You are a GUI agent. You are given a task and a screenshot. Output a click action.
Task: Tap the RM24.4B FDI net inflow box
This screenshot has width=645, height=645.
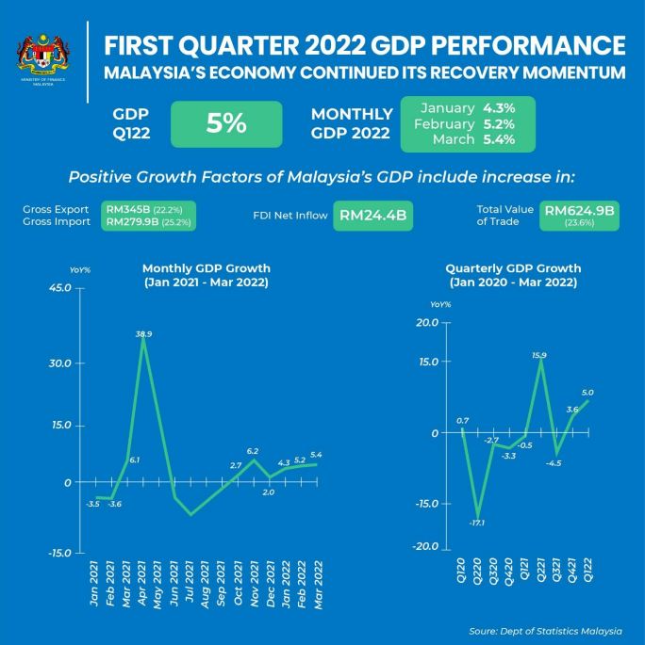pyautogui.click(x=372, y=216)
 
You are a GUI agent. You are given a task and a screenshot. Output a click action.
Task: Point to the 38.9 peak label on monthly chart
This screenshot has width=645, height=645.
pyautogui.click(x=144, y=334)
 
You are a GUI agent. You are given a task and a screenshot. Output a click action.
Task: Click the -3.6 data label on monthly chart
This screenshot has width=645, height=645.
pyautogui.click(x=115, y=505)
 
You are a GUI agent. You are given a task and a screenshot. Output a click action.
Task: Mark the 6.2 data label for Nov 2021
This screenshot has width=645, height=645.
pyautogui.click(x=253, y=452)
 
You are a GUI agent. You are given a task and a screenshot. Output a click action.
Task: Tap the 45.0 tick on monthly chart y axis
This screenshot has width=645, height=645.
pyautogui.click(x=60, y=287)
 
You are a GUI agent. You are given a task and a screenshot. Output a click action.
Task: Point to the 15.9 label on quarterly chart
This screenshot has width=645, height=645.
pyautogui.click(x=539, y=355)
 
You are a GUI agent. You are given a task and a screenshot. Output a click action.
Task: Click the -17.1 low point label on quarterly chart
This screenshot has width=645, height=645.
pyautogui.click(x=478, y=523)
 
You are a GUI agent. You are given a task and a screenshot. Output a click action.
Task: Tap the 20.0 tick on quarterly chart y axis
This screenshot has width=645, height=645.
pyautogui.click(x=426, y=322)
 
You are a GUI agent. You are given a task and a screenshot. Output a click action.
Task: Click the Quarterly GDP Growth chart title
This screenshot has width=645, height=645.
pyautogui.click(x=513, y=275)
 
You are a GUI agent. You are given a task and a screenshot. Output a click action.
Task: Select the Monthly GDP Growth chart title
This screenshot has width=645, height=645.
pyautogui.click(x=206, y=275)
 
